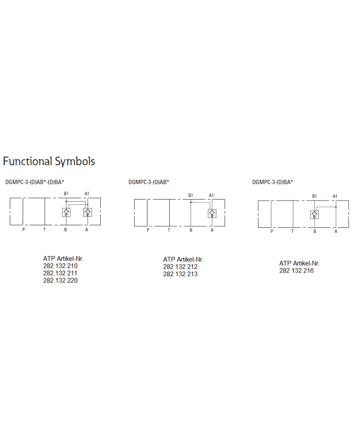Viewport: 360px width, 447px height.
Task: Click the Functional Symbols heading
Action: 49,162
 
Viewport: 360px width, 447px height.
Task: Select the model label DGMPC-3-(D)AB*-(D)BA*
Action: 35,182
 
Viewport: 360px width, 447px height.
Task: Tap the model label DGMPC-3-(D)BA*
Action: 273,182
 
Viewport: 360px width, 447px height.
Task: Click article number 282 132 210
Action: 60,266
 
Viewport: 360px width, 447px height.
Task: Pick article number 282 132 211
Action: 60,273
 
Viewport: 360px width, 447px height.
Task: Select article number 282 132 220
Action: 60,280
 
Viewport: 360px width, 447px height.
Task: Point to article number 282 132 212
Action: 181,267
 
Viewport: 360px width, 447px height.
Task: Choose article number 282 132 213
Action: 181,274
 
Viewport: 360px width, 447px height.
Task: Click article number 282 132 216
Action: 296,271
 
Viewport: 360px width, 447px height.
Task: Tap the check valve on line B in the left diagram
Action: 66,212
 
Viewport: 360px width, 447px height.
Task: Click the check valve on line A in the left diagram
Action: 87,212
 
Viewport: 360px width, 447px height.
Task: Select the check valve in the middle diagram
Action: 212,213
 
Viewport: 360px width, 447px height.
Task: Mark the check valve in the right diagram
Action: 314,214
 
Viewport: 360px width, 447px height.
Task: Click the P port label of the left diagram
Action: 23,230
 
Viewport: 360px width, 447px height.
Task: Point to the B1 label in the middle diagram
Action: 190,195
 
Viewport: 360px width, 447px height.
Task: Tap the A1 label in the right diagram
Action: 335,196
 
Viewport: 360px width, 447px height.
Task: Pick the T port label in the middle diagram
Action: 169,230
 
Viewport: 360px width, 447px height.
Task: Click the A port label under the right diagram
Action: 336,231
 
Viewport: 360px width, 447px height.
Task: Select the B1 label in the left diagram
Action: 66,193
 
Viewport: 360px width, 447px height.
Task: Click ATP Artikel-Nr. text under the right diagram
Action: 299,263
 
